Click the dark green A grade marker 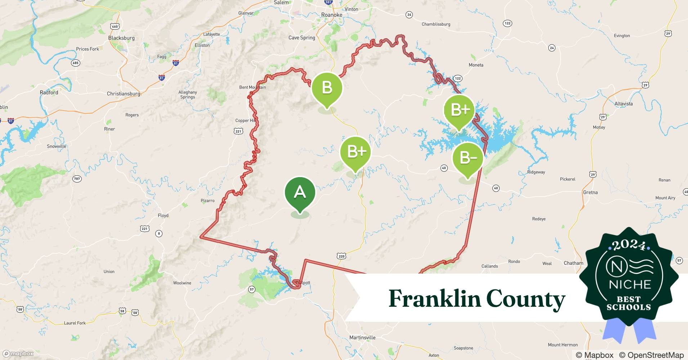(300, 193)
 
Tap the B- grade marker (468, 158)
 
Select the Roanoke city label (331, 15)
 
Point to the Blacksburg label (121, 38)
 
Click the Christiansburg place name (124, 94)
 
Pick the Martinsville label (362, 337)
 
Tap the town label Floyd (163, 215)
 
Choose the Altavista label (624, 104)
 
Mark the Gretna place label (590, 192)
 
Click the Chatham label (573, 263)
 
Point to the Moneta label (476, 65)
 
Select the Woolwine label (182, 283)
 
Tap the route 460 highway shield (115, 26)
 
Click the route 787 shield (77, 179)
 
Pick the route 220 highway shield (341, 256)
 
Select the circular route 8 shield (159, 233)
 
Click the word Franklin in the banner (435, 299)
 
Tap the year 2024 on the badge (629, 245)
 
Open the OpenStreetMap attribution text (651, 355)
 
